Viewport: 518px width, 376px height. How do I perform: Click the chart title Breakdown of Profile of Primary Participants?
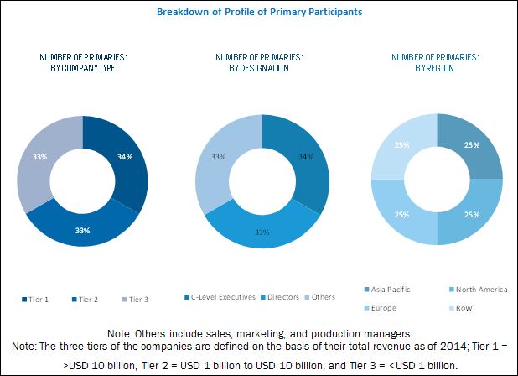(259, 13)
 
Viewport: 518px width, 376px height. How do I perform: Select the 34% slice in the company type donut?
(125, 156)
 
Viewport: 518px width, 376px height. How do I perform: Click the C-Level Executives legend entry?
(220, 296)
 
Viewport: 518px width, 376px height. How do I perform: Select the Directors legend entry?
(284, 296)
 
